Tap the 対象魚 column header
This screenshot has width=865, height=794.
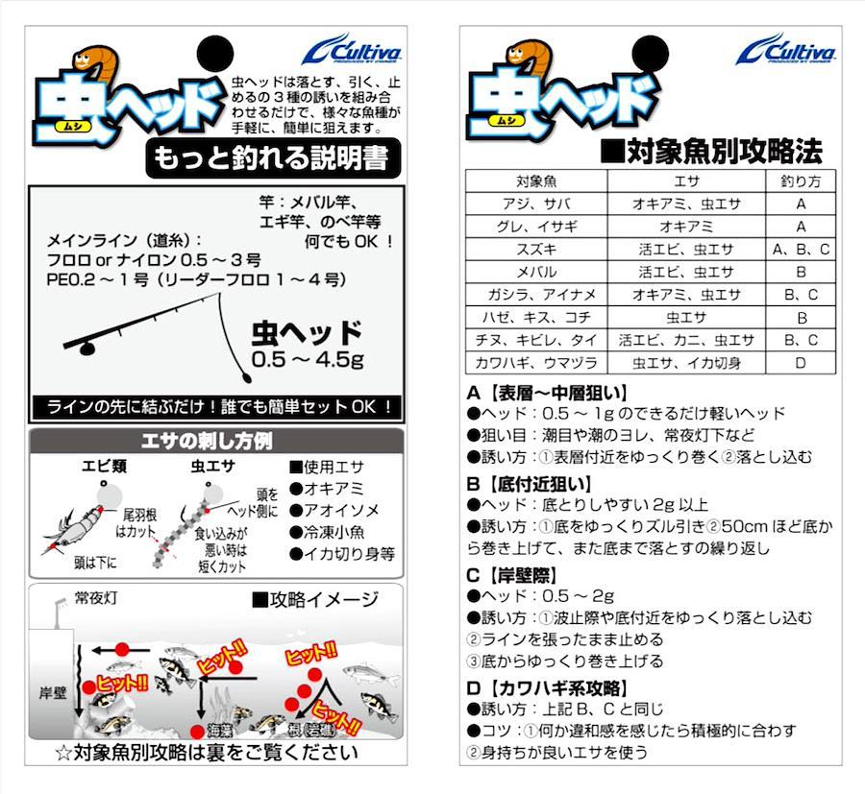tap(536, 181)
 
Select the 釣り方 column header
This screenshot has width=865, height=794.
tap(801, 181)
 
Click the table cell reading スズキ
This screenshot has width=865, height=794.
tap(536, 250)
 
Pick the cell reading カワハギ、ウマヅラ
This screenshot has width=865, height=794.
tap(536, 363)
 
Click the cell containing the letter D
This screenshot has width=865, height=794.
tap(801, 363)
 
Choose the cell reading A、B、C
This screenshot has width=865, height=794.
tap(801, 250)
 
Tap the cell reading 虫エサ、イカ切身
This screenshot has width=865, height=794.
tap(686, 363)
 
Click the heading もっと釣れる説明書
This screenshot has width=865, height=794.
tap(273, 158)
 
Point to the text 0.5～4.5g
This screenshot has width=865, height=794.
tap(308, 359)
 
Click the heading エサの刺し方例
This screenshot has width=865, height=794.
tap(207, 441)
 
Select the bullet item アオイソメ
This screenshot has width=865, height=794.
tap(334, 510)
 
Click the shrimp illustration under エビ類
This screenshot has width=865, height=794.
tap(76, 525)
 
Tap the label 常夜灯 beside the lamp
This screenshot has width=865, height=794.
tap(96, 598)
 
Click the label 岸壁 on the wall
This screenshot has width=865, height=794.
tap(53, 692)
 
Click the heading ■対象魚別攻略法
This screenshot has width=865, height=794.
tap(711, 151)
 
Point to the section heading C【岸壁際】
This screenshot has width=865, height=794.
tap(511, 575)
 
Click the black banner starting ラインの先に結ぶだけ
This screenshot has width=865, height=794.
tap(216, 407)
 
